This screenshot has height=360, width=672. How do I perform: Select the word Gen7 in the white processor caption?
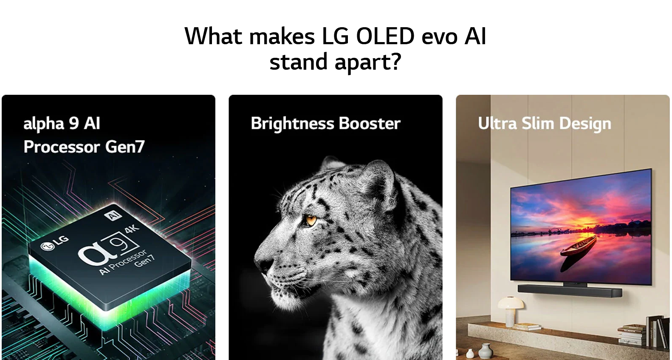125,147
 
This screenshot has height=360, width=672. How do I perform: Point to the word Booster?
370,123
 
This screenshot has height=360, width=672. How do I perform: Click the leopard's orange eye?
311,220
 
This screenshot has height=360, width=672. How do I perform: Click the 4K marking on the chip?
132,229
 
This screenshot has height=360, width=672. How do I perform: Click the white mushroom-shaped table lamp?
510,310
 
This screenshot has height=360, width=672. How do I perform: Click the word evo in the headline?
439,37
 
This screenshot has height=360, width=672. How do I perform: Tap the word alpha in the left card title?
43,124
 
